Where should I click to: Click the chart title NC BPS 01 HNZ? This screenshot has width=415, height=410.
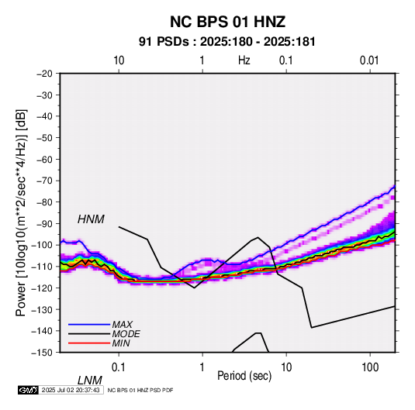(x=227, y=22)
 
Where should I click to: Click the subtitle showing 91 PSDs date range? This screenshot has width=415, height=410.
(x=227, y=42)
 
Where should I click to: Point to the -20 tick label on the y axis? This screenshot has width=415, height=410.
(x=44, y=74)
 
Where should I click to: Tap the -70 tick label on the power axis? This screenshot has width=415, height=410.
(x=44, y=181)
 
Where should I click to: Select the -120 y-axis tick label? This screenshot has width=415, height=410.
(x=42, y=288)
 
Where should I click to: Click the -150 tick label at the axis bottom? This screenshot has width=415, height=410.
(x=42, y=353)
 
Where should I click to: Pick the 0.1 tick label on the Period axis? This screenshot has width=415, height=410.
(x=119, y=367)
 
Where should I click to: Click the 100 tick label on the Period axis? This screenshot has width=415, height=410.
(x=370, y=367)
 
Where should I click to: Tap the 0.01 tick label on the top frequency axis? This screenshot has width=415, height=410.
(x=369, y=60)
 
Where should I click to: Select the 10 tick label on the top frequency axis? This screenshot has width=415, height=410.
(x=119, y=60)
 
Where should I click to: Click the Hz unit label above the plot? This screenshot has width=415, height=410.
(x=244, y=60)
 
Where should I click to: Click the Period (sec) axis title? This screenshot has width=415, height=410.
(x=244, y=376)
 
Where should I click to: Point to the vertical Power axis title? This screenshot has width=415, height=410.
(x=21, y=213)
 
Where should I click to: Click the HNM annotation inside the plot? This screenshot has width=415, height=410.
(x=91, y=219)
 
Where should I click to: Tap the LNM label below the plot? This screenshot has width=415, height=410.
(x=89, y=381)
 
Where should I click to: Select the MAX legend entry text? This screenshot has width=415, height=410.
(x=122, y=325)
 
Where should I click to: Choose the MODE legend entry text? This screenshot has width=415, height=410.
(x=126, y=334)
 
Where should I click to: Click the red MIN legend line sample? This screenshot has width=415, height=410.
(x=89, y=343)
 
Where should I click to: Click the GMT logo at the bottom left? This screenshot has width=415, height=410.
(x=29, y=390)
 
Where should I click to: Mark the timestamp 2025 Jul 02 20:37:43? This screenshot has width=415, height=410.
(x=71, y=390)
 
